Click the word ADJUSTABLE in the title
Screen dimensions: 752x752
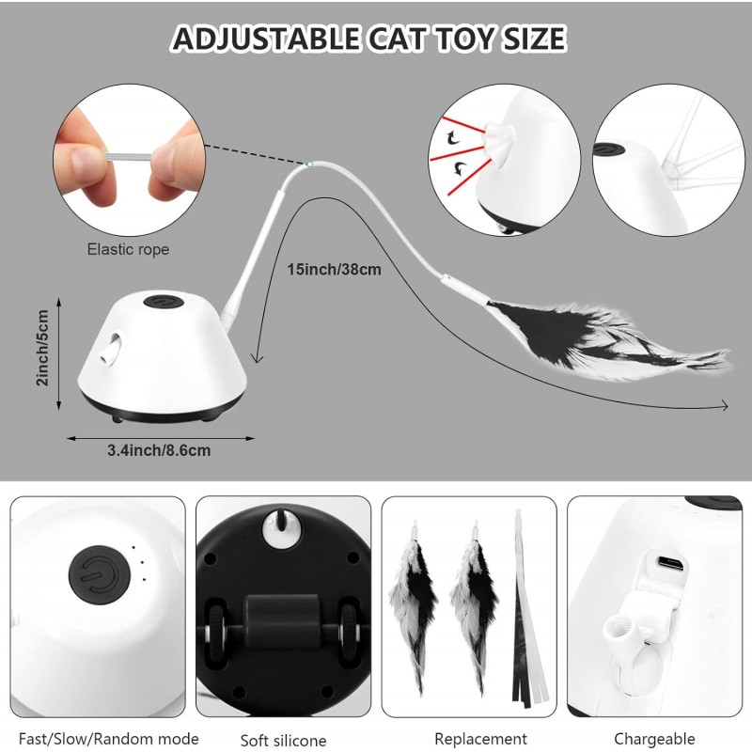[x=266, y=39]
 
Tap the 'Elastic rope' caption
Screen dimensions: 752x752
[x=128, y=249]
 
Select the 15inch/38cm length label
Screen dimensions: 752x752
[x=335, y=270]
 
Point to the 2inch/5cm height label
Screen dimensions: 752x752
[x=42, y=348]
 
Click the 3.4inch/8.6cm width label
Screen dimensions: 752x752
[x=159, y=450]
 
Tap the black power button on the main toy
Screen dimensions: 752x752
[x=164, y=302]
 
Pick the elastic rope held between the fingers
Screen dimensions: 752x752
[x=129, y=156]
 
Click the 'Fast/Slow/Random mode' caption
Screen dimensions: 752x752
[x=109, y=739]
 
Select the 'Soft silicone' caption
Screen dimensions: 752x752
[x=284, y=741]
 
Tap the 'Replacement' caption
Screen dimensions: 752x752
[x=480, y=739]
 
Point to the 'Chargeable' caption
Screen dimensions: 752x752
[x=654, y=739]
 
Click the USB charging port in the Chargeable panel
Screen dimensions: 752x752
[x=670, y=562]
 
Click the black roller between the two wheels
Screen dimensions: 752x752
[x=281, y=621]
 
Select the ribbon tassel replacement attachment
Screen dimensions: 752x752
[x=528, y=608]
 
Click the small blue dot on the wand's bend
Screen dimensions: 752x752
[x=310, y=164]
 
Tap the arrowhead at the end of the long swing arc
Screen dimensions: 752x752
[x=724, y=407]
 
